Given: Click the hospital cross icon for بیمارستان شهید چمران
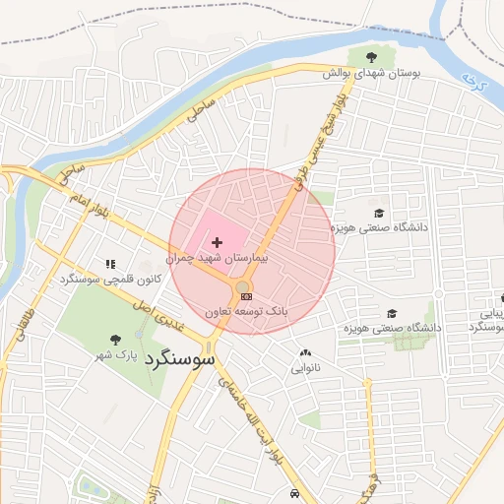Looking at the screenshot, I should tap(217, 241).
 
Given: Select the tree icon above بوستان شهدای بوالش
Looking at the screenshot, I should tap(371, 57).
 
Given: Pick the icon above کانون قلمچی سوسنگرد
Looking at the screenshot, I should tap(110, 264).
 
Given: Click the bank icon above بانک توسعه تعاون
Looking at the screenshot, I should tap(246, 296).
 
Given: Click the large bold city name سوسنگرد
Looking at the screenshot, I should tap(178, 359).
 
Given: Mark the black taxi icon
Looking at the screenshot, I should tap(294, 493).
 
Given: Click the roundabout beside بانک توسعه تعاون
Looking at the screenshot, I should tap(242, 287).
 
